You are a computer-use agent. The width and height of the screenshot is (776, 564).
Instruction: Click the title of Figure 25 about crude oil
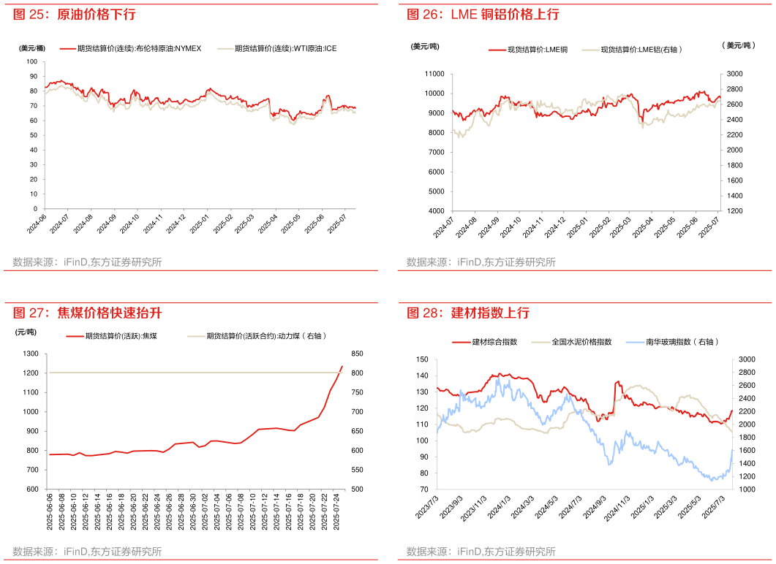74,15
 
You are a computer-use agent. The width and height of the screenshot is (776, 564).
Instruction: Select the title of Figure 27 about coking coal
87,313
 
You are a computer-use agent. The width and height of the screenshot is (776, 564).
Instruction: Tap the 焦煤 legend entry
121,336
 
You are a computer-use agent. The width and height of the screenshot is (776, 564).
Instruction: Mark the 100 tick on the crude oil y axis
31,61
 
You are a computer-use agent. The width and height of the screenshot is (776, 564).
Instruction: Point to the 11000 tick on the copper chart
434,74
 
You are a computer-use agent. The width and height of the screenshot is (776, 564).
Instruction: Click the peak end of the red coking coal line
342,367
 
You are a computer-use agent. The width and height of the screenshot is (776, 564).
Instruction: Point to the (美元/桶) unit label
31,48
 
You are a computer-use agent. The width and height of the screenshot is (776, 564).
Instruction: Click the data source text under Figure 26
481,262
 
